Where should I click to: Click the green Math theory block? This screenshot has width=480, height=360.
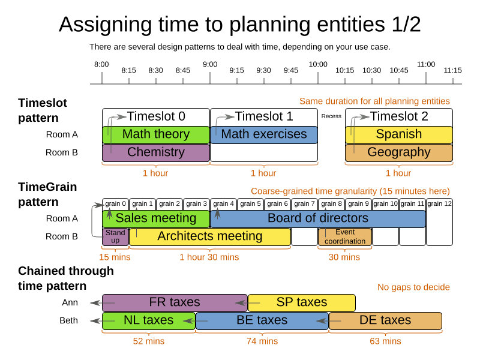(155, 134)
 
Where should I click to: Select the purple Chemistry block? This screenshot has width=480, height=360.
(155, 152)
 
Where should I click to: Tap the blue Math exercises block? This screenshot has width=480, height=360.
(263, 134)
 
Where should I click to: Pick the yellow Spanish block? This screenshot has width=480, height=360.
(398, 134)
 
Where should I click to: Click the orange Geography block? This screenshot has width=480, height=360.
(398, 152)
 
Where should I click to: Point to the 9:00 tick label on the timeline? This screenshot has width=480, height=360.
(210, 64)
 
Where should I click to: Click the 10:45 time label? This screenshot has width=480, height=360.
(399, 70)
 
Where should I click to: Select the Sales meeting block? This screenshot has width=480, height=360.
(155, 218)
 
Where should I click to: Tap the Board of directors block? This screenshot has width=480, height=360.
(317, 218)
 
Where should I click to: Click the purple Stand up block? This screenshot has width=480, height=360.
(115, 236)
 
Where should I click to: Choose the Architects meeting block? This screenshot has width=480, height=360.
(209, 236)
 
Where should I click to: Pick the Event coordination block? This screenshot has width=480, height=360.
(345, 236)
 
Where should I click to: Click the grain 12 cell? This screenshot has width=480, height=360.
(439, 204)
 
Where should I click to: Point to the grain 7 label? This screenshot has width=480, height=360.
(304, 204)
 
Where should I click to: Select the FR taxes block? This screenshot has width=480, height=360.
(174, 302)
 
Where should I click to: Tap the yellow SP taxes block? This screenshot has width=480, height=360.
(301, 302)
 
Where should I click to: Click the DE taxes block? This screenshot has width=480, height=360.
(385, 320)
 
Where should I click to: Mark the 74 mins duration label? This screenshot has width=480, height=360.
(263, 341)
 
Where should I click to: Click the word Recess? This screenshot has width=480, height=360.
(331, 116)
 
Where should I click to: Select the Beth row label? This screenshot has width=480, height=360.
(68, 320)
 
